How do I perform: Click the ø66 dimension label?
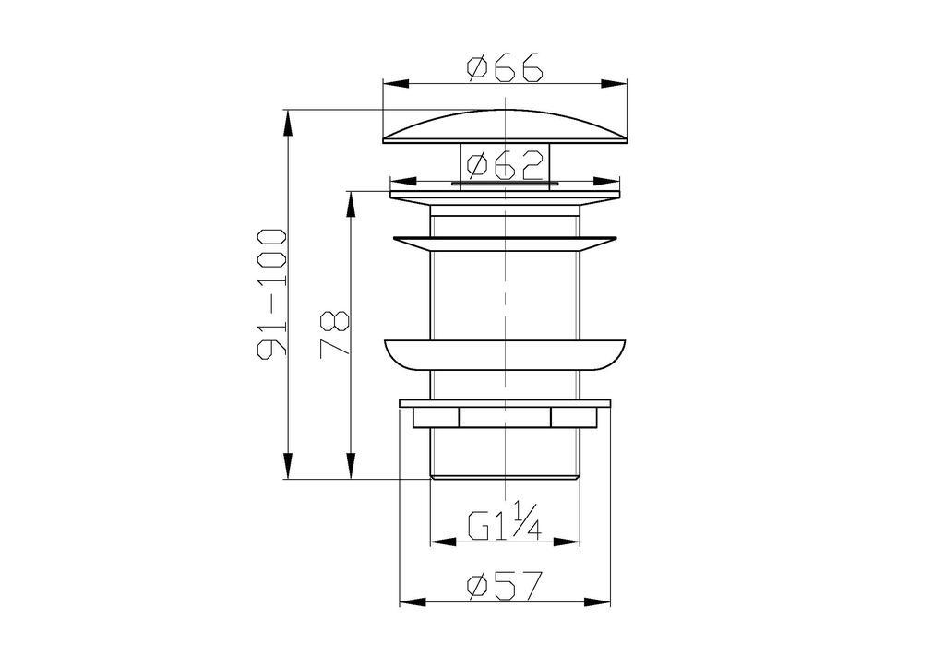tap(505, 68)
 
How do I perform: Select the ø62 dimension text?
tap(505, 167)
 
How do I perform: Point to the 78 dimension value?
tap(335, 334)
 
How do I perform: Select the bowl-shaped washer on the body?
tap(505, 355)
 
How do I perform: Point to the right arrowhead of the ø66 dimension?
tap(616, 83)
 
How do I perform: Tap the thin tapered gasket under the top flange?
tap(505, 241)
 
